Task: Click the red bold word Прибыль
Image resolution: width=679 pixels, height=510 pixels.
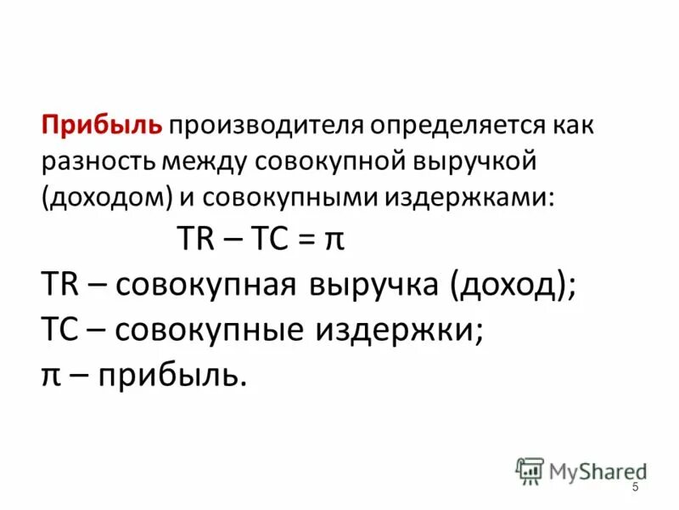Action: (x=103, y=127)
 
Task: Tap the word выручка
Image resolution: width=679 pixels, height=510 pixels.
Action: (x=370, y=286)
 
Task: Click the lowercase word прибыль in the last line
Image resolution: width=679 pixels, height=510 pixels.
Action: (x=172, y=374)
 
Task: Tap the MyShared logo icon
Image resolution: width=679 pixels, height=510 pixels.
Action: (x=530, y=471)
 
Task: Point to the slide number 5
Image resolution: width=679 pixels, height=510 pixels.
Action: (x=635, y=485)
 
